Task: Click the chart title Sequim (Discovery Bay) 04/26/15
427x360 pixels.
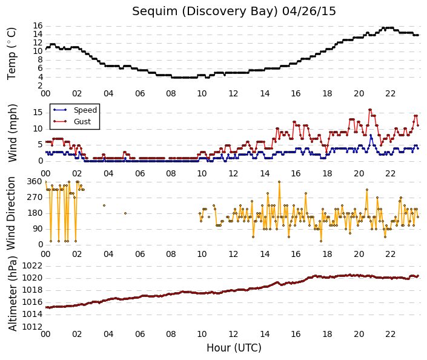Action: coord(234,12)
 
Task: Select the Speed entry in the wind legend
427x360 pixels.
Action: coord(85,110)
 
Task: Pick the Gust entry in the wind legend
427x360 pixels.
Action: coord(82,122)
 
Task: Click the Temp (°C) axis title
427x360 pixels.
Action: coord(12,54)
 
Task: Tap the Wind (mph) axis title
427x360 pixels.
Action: coord(12,133)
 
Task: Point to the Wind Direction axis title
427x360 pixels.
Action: coord(11,213)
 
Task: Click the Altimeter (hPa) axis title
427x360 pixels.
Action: coord(12,293)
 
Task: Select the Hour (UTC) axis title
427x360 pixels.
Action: coord(234,348)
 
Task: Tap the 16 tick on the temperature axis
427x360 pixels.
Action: coord(38,26)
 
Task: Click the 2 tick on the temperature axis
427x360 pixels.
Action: coord(41,85)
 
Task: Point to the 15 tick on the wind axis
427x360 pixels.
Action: coord(38,113)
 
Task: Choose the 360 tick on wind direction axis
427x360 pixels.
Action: coord(35,181)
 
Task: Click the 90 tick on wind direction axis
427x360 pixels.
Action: coord(38,228)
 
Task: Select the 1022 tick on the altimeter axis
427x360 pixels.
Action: coord(33,265)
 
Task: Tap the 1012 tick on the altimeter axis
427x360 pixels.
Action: coord(33,327)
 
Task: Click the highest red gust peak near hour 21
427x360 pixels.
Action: coord(370,110)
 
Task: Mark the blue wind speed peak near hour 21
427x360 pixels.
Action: coord(371,135)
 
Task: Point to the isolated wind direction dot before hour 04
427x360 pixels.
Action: coord(104,205)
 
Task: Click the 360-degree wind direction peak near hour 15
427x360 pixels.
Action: coord(279,182)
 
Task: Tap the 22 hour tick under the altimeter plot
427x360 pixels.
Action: coord(390,334)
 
